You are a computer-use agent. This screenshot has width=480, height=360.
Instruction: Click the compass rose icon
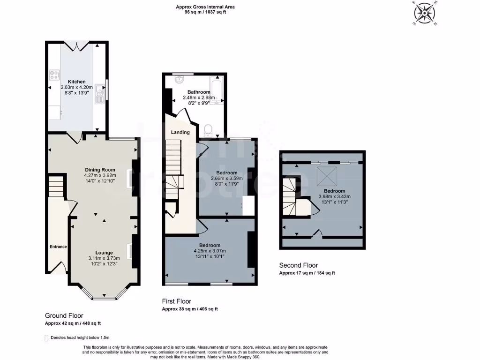424,13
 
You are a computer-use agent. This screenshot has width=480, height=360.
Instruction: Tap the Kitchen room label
77,82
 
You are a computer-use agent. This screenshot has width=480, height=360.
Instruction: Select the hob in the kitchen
54,75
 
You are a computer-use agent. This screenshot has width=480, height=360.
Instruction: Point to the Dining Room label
100,170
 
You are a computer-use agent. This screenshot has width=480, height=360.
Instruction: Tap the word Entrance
58,247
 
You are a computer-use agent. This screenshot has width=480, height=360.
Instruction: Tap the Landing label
180,132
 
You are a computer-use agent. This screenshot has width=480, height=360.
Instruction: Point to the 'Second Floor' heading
299,265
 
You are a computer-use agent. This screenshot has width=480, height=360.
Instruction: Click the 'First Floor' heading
177,301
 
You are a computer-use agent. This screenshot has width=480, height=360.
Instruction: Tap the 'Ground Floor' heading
64,315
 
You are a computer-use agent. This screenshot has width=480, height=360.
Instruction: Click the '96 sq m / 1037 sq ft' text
205,13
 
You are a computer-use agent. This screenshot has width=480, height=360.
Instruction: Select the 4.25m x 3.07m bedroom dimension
210,251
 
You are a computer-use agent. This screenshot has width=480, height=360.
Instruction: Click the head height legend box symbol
46,338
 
